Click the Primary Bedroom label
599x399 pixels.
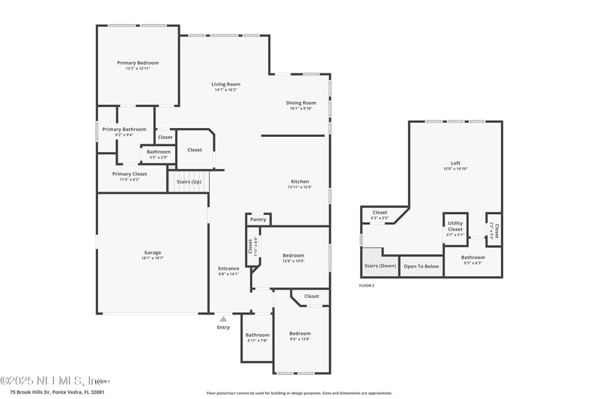pos(138,63)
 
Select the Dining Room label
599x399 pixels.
pos(301,103)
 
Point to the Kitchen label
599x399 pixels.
pos(299,181)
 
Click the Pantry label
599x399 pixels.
pos(258,219)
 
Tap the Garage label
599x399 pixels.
pos(153,252)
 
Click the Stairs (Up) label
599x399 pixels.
pos(189,182)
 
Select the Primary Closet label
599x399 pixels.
pos(130,174)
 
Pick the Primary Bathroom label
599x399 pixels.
pos(124,130)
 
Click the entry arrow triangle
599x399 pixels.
pos(223,319)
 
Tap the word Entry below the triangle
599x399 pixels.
pos(223,327)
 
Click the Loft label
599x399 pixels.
pos(455,163)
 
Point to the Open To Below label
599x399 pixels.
pos(421,266)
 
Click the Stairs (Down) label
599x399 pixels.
pos(380,266)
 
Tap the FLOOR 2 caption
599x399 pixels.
pos(367,286)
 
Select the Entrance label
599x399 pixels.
pos(228,269)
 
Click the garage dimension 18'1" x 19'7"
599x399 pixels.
pos(153,258)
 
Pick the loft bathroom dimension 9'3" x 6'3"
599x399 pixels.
pos(473,263)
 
